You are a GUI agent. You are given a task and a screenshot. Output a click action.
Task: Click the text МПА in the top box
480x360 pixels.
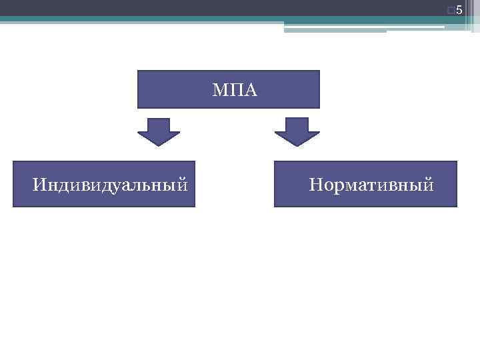(235, 89)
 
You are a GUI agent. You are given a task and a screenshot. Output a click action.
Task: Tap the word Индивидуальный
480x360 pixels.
(109, 183)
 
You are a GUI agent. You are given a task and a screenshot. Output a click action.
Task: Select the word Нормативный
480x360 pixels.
(371, 183)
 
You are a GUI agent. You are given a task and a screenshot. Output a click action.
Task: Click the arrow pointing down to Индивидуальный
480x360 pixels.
(159, 131)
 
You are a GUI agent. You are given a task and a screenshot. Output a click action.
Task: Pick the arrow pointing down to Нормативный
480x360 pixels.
(297, 131)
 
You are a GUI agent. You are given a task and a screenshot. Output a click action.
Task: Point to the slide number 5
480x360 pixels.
(459, 9)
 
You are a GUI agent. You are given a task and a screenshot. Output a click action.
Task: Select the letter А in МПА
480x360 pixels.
(249, 89)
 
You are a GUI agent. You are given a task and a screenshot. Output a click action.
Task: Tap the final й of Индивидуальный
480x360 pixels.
(181, 183)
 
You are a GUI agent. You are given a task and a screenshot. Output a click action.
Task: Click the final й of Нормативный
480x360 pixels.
(429, 183)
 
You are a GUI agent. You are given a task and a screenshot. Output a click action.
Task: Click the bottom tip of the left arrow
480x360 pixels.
(159, 145)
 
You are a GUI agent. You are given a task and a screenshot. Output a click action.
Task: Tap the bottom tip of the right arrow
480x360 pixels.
(297, 145)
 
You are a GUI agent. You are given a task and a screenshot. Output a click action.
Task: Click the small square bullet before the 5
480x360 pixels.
(453, 10)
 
